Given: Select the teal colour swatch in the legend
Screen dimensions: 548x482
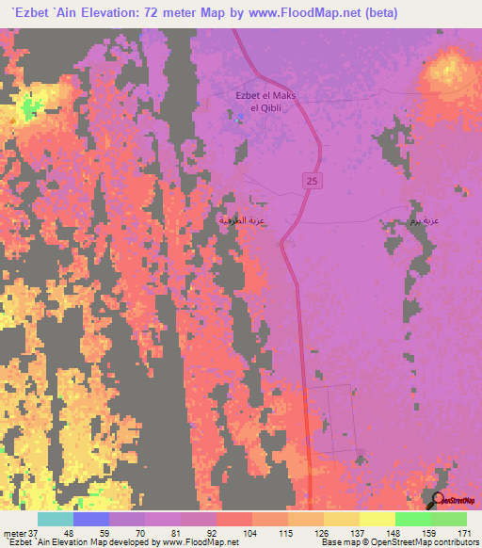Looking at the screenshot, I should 55,519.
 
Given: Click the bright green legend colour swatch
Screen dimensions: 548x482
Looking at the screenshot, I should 413,519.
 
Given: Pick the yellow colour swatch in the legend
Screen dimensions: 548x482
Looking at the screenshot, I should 377,519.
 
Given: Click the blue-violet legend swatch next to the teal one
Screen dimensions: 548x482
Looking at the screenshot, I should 91,519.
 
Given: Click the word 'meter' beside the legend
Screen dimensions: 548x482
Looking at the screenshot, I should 14,533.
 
